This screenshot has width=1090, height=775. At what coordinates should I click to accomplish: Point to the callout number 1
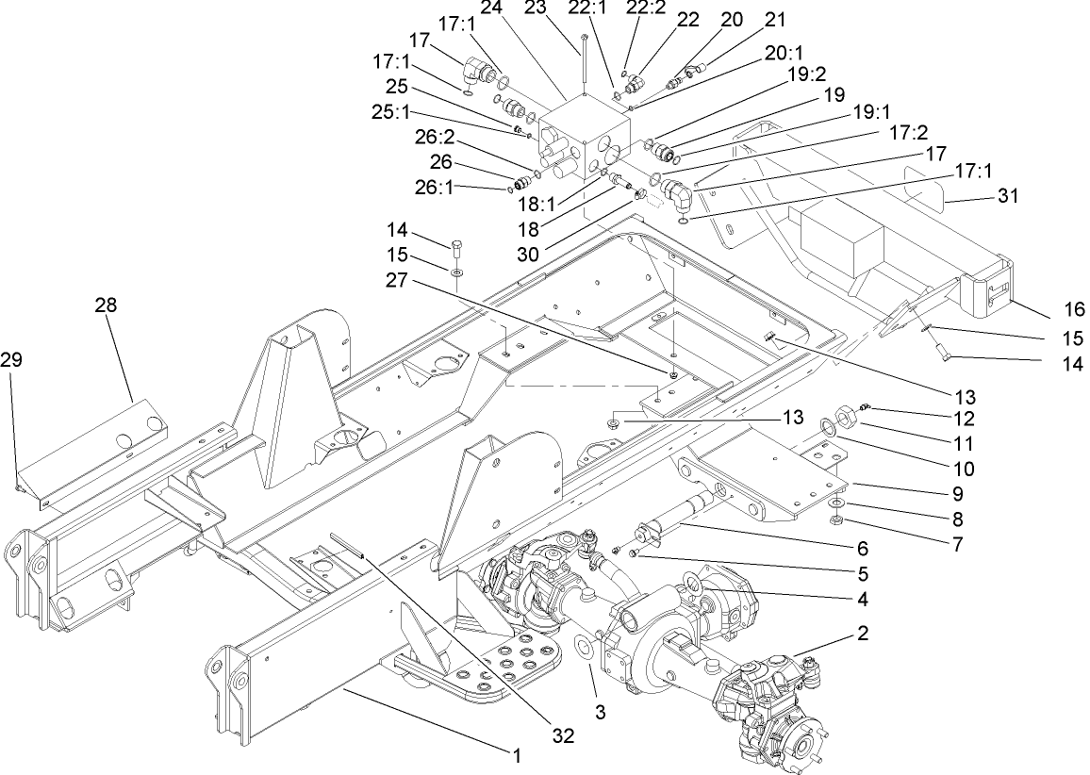point(517,754)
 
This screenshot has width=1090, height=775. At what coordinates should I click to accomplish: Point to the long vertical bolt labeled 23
point(586,61)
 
